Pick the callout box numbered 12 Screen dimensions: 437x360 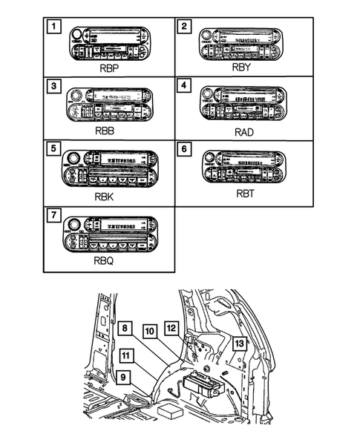pos(171,327)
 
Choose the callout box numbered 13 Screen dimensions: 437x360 pos(238,343)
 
